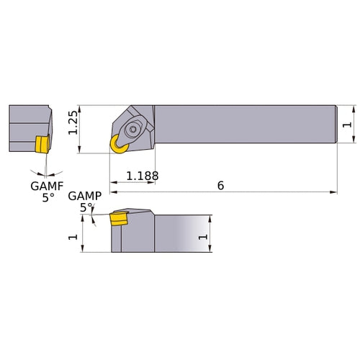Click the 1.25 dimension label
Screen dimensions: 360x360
coord(73,129)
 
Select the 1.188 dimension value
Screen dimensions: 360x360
coord(142,176)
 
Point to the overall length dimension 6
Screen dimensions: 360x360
coord(220,186)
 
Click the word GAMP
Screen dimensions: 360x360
coord(84,196)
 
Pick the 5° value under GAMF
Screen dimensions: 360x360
coord(48,197)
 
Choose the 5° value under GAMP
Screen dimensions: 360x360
coord(86,207)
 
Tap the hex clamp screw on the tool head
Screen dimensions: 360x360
coord(135,130)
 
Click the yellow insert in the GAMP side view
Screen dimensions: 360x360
coord(117,218)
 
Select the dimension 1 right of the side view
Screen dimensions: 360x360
coord(202,235)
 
